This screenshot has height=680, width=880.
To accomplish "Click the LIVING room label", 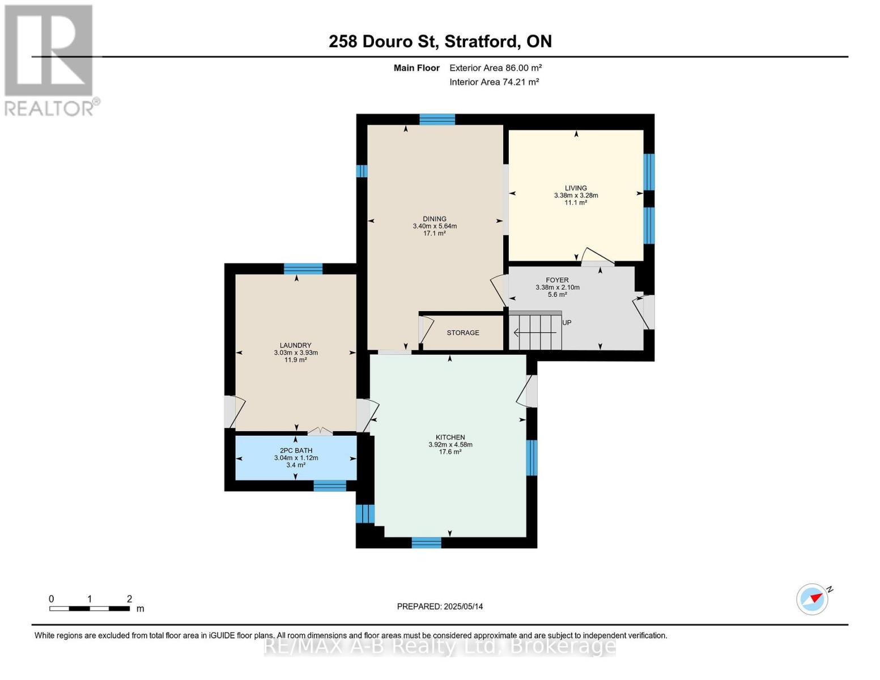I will pyautogui.click(x=576, y=188).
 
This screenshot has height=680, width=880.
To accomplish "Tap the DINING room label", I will pyautogui.click(x=435, y=219).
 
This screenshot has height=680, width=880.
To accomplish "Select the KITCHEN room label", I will pyautogui.click(x=450, y=437).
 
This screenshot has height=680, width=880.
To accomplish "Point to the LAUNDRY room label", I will pyautogui.click(x=295, y=346).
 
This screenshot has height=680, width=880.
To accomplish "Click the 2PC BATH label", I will pyautogui.click(x=296, y=451).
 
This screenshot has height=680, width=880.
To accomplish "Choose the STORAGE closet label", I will pyautogui.click(x=463, y=333).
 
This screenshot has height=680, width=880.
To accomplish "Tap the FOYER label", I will pyautogui.click(x=557, y=280).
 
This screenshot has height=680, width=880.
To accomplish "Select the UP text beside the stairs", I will pyautogui.click(x=567, y=323).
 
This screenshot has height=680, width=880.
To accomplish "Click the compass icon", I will pyautogui.click(x=813, y=599).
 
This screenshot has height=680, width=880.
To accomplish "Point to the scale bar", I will pyautogui.click(x=90, y=609).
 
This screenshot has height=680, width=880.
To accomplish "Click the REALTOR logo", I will pyautogui.click(x=50, y=59).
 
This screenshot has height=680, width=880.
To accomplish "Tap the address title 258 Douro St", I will pyautogui.click(x=440, y=41).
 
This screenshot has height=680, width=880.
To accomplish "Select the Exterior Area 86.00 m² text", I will pyautogui.click(x=495, y=68).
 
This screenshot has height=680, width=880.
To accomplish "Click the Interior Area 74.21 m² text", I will pyautogui.click(x=494, y=82).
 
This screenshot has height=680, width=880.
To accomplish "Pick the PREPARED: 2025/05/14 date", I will pyautogui.click(x=440, y=607).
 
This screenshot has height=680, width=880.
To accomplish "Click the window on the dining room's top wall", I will pyautogui.click(x=437, y=120).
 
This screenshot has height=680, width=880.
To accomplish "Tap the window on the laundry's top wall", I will pyautogui.click(x=303, y=269).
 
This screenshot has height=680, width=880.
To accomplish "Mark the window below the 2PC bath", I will pyautogui.click(x=330, y=486).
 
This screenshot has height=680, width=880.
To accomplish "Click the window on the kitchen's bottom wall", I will pyautogui.click(x=426, y=542).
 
